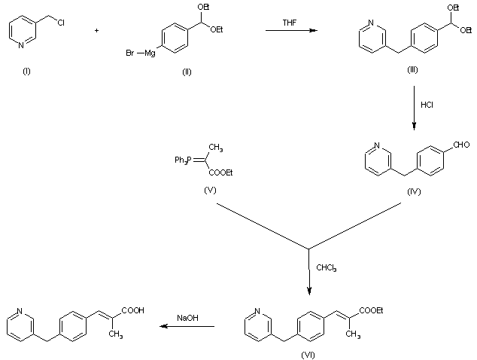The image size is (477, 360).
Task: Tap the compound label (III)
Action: point(412,69)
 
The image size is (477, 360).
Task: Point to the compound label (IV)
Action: point(413,191)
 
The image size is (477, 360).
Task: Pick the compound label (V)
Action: point(210,190)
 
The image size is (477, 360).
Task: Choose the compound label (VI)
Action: point(307,352)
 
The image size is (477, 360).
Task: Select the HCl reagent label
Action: point(427,104)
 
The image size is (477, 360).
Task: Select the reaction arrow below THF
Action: point(290,32)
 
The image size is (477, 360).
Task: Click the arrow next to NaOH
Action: point(187,327)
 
